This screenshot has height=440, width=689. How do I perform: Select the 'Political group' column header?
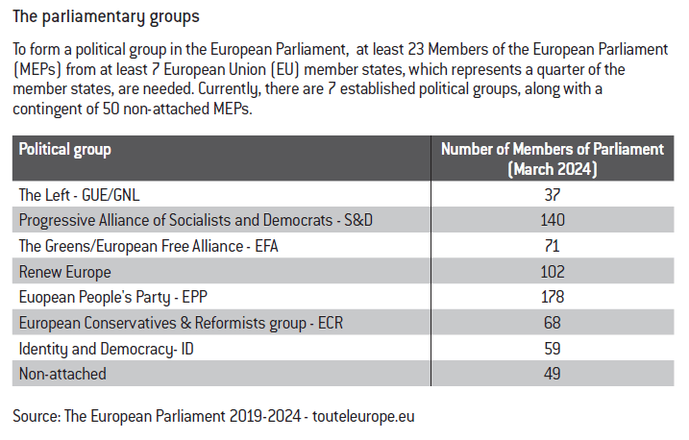tap(65, 149)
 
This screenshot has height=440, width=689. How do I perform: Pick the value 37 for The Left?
tap(553, 195)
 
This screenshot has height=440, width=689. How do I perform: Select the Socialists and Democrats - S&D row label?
tap(196, 220)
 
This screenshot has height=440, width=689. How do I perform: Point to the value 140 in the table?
tap(553, 220)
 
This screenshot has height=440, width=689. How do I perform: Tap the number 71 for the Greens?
tap(553, 246)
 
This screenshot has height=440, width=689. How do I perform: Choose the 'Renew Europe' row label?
tap(64, 272)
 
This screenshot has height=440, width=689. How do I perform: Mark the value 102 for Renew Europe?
tap(553, 272)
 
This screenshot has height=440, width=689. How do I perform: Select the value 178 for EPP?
tap(553, 297)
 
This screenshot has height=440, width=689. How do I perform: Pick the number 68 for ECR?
tap(553, 323)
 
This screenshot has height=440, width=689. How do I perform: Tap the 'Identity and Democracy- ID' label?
tap(108, 348)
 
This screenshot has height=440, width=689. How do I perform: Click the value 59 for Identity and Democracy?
tap(553, 348)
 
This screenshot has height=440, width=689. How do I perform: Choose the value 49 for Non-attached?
tap(553, 374)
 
